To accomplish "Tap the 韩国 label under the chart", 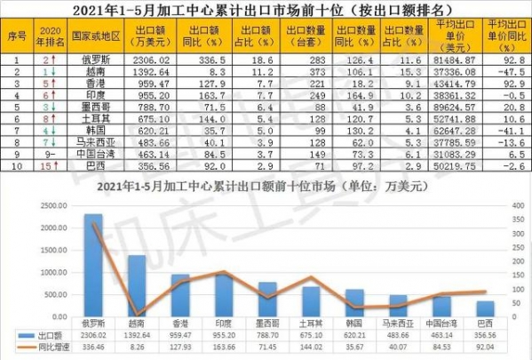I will [353, 325].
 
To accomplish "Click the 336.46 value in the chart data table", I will [92, 350].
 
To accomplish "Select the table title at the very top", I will [266, 11].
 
